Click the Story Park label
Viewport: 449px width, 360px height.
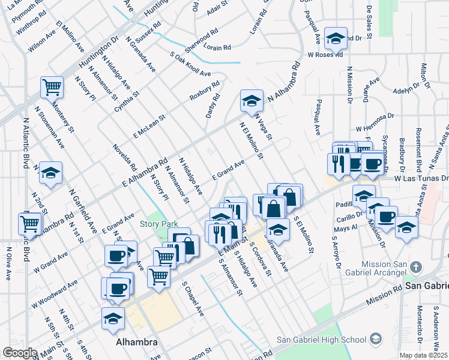[157, 224]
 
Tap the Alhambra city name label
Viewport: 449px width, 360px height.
[136, 343]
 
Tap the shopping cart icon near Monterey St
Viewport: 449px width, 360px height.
[52, 87]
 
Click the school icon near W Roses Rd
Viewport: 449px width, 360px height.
[336, 39]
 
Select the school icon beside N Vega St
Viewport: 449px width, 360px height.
[252, 100]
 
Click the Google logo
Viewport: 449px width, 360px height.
[19, 353]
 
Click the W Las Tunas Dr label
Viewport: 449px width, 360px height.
[421, 178]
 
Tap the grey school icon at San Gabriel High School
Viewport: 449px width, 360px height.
[376, 339]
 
